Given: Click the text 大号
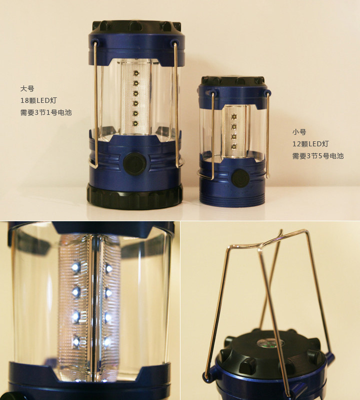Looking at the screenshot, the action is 27,89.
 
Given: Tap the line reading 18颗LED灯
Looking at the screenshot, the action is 38,100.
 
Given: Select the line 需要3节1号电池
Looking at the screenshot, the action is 46,112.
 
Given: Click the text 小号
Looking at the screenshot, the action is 299,132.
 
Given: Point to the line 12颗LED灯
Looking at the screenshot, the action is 310,144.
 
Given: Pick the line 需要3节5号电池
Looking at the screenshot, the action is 318,156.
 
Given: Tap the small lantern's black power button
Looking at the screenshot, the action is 240,178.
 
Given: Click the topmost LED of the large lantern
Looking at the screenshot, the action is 135,73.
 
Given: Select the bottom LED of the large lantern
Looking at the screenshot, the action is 135,123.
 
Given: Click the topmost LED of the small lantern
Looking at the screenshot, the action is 233,117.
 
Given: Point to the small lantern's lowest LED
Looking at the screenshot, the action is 233,146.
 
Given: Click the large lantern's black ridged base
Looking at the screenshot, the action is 134,196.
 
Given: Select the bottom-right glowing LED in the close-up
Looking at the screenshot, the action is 108,342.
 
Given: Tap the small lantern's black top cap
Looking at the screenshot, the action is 232,81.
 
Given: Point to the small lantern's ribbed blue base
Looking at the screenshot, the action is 232,197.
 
